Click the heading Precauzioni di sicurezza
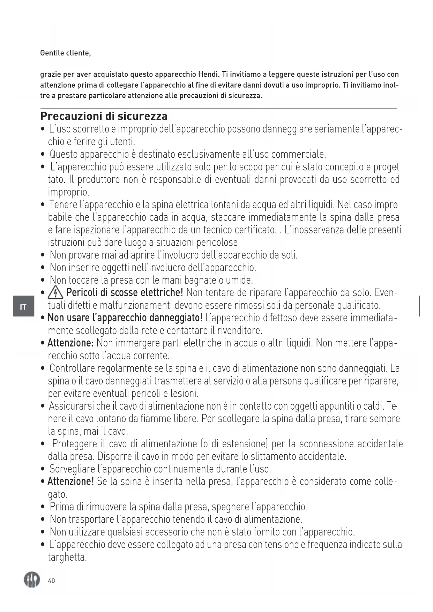click(104, 116)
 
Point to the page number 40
click(51, 581)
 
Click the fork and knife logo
click(32, 580)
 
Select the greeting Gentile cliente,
click(65, 53)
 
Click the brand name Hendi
click(208, 74)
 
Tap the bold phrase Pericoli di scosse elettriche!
click(125, 292)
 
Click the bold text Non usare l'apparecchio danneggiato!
click(125, 318)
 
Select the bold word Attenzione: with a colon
click(70, 343)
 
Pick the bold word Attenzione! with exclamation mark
click(70, 482)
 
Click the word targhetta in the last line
click(67, 557)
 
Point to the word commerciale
click(298, 154)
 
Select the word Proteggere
click(74, 444)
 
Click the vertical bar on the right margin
click(419, 306)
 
